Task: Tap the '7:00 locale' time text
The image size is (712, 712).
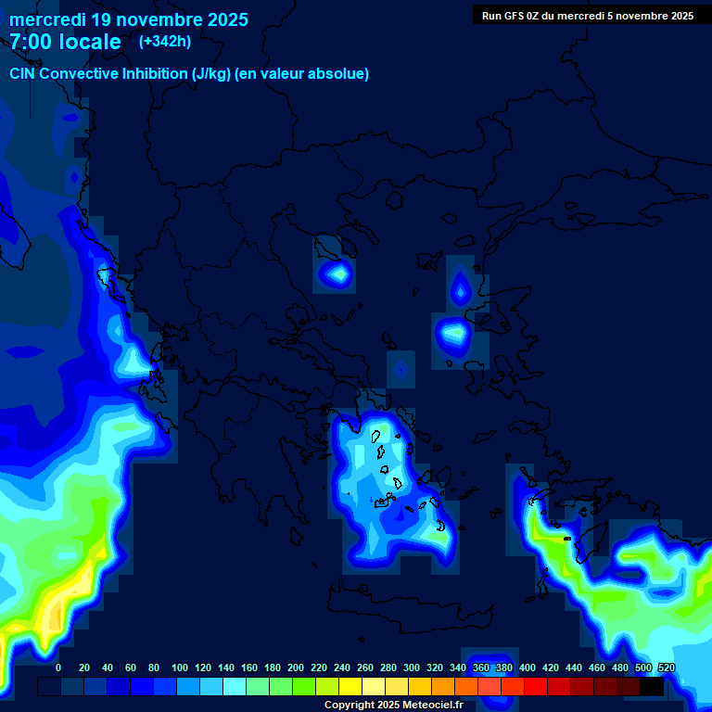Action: [65, 42]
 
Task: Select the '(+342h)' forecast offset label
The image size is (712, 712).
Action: [165, 41]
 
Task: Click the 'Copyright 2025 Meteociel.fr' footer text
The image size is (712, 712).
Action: [393, 705]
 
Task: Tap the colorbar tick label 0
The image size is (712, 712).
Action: [58, 667]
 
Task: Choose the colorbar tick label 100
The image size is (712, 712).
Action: [179, 667]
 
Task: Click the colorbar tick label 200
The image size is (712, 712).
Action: [296, 667]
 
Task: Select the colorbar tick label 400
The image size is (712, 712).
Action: [528, 667]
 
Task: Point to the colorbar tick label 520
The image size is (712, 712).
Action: [667, 667]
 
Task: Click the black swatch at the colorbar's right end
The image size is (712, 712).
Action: [652, 687]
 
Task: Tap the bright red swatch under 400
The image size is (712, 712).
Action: [536, 687]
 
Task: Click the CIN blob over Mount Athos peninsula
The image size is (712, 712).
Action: [337, 273]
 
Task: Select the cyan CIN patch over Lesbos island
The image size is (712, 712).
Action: [455, 331]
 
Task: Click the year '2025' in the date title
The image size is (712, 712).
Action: [223, 19]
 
